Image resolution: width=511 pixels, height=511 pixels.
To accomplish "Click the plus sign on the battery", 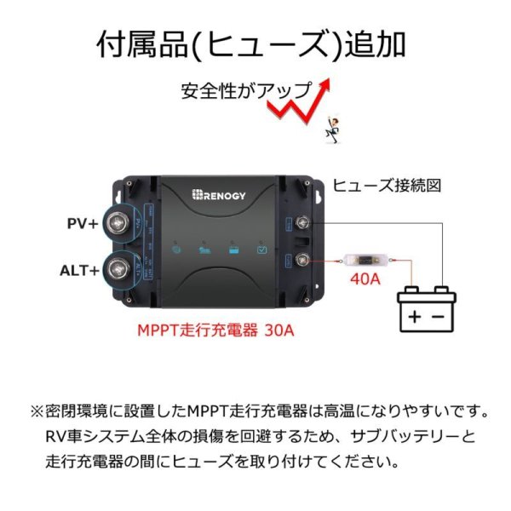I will [414, 317].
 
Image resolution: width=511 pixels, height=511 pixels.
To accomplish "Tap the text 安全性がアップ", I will [243, 89].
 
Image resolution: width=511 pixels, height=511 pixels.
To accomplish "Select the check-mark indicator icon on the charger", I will [264, 250].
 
